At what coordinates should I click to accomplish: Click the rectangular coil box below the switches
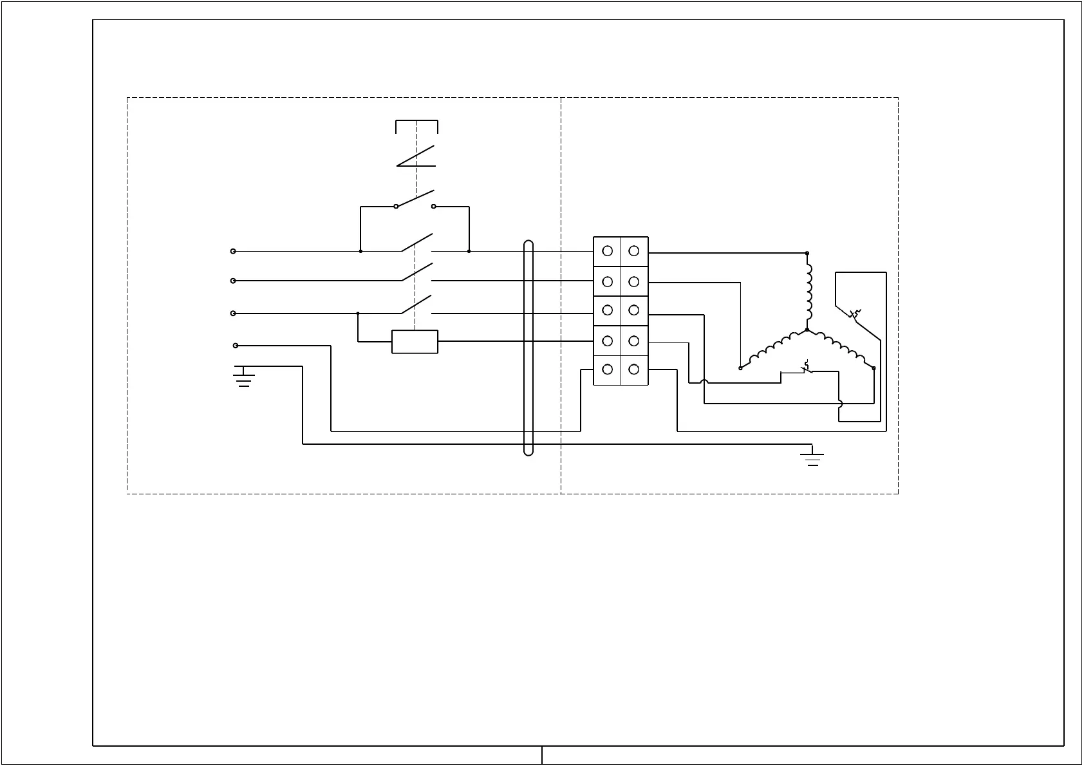click(415, 342)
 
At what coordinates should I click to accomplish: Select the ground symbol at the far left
click(243, 376)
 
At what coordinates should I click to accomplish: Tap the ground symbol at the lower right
click(812, 455)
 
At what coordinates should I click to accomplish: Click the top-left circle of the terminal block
click(607, 251)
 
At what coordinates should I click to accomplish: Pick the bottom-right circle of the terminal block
click(634, 369)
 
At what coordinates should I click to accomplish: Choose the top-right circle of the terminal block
click(634, 251)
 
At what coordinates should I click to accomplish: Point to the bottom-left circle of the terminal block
click(607, 369)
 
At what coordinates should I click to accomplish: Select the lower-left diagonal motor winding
click(772, 350)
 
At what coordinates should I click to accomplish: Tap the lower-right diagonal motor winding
click(841, 350)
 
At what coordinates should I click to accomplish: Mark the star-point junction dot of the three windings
click(807, 330)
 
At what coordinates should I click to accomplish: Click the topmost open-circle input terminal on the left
click(233, 251)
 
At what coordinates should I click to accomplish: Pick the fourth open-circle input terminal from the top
click(236, 346)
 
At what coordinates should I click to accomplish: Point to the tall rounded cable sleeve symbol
click(528, 348)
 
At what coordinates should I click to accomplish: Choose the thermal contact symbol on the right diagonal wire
click(855, 315)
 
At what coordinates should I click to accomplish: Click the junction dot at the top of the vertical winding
click(807, 254)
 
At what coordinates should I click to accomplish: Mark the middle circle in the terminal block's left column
click(607, 310)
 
